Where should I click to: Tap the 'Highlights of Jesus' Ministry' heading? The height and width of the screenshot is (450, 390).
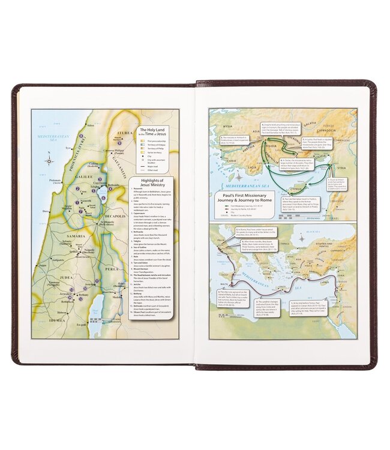151,184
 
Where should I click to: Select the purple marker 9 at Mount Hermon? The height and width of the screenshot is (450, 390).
118,142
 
